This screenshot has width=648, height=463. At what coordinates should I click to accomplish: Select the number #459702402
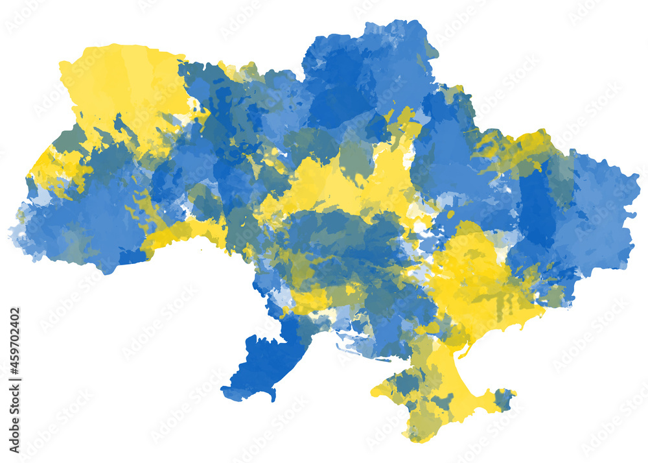click(x=15, y=340)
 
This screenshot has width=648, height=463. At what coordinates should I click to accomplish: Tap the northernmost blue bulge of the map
click(x=389, y=39)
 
